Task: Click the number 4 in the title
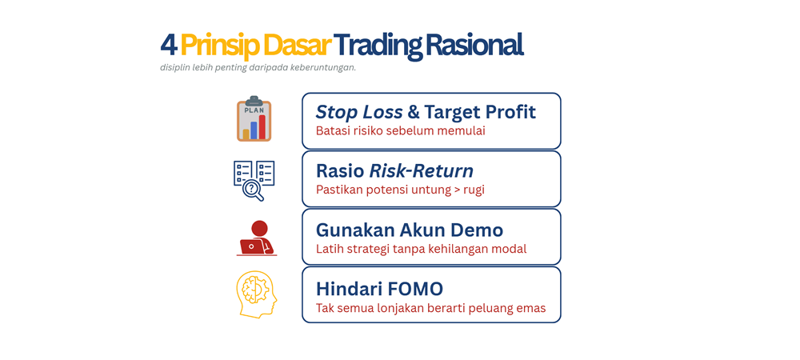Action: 168,45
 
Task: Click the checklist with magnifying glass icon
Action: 254,180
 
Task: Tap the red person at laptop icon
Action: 257,238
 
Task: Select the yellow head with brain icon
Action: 257,294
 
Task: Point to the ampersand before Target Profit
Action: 414,111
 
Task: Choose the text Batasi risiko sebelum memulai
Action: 400,130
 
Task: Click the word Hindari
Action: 346,288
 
